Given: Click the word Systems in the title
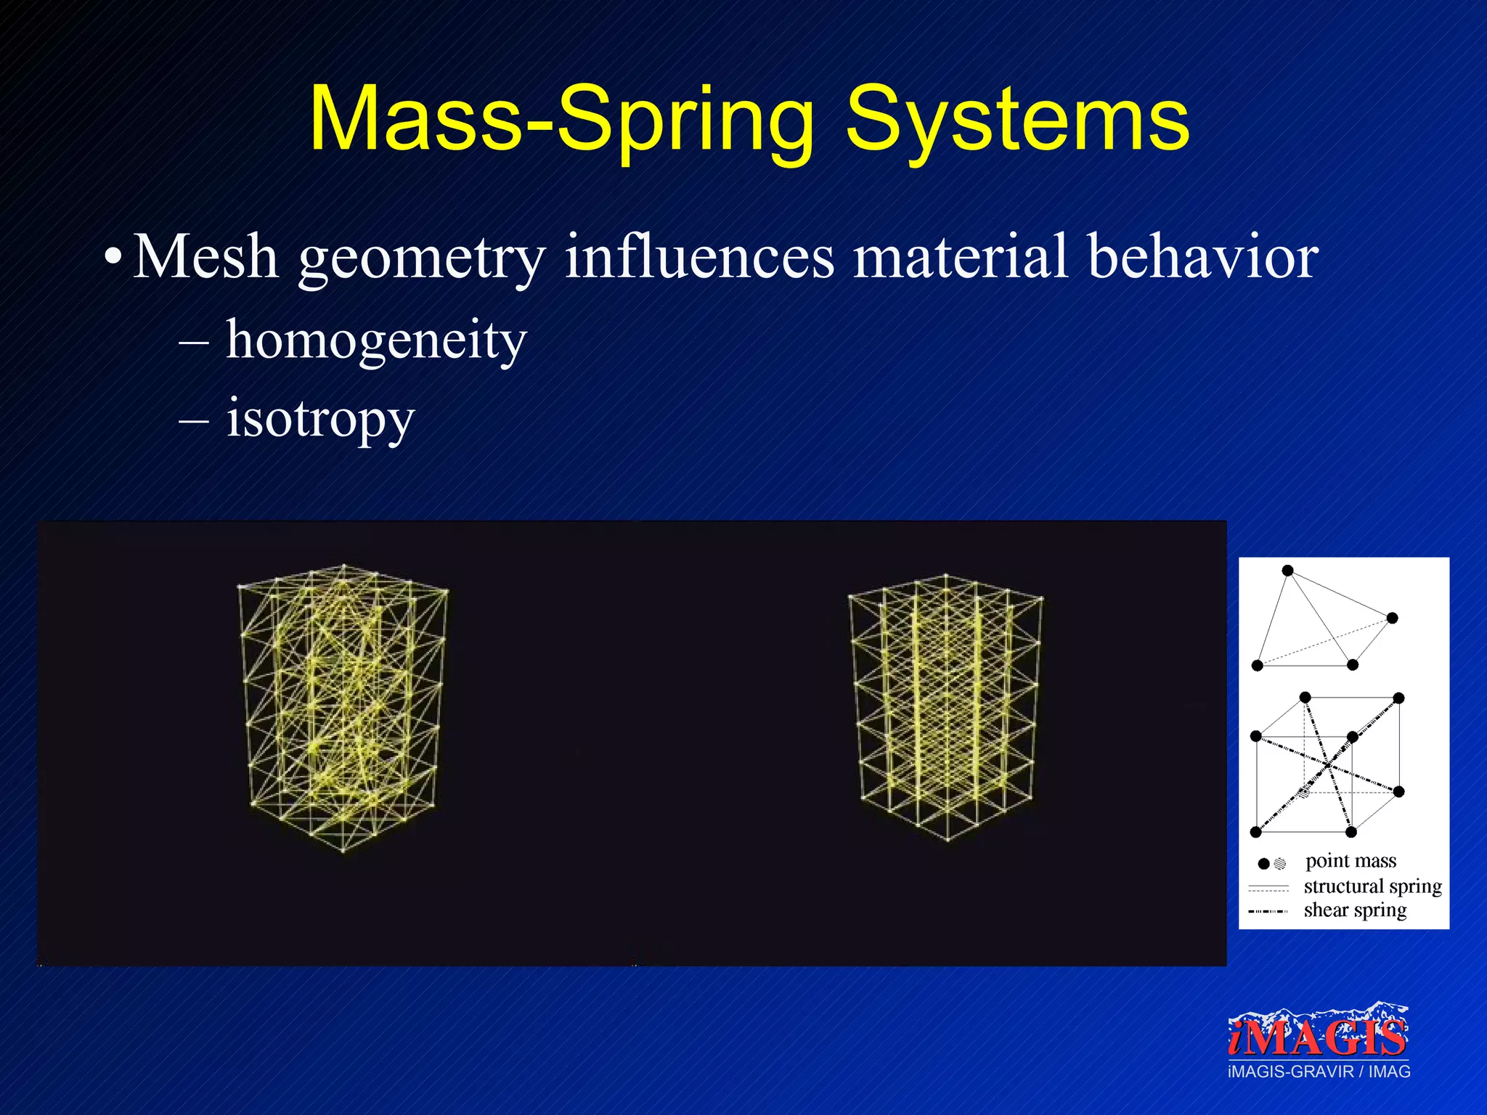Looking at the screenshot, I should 1017,120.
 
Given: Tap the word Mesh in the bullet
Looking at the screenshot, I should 205,257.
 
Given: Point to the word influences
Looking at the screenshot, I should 699,257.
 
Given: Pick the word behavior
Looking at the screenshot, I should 1203,257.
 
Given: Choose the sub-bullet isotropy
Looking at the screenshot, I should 319,420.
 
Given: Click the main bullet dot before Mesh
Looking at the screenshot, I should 113,258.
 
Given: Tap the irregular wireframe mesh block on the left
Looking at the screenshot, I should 343,708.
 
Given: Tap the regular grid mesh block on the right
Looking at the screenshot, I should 945,708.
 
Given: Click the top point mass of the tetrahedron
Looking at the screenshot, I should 1287,571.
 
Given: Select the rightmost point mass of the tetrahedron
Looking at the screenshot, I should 1392,618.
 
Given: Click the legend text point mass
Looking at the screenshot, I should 1350,861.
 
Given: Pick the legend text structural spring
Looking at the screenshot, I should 1372,886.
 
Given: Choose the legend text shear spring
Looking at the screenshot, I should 1355,910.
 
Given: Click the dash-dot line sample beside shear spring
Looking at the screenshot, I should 1268,911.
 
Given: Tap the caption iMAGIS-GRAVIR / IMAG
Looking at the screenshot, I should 1319,1072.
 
